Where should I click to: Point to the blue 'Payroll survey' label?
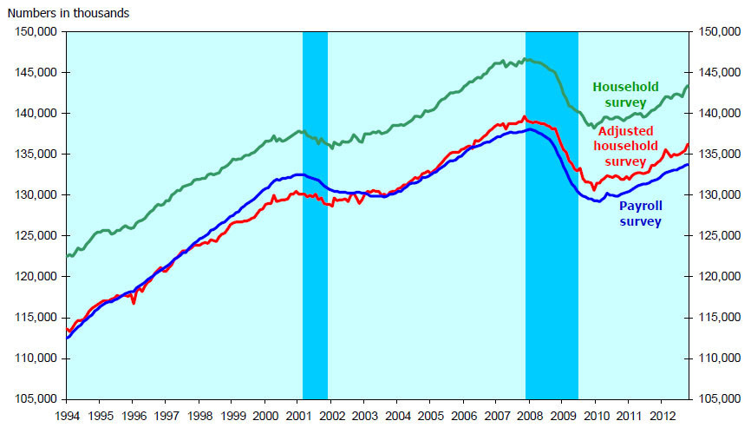[x=641, y=214]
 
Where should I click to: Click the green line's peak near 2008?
[x=525, y=59]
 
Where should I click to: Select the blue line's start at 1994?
[x=67, y=337]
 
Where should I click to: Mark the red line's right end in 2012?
[x=688, y=144]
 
